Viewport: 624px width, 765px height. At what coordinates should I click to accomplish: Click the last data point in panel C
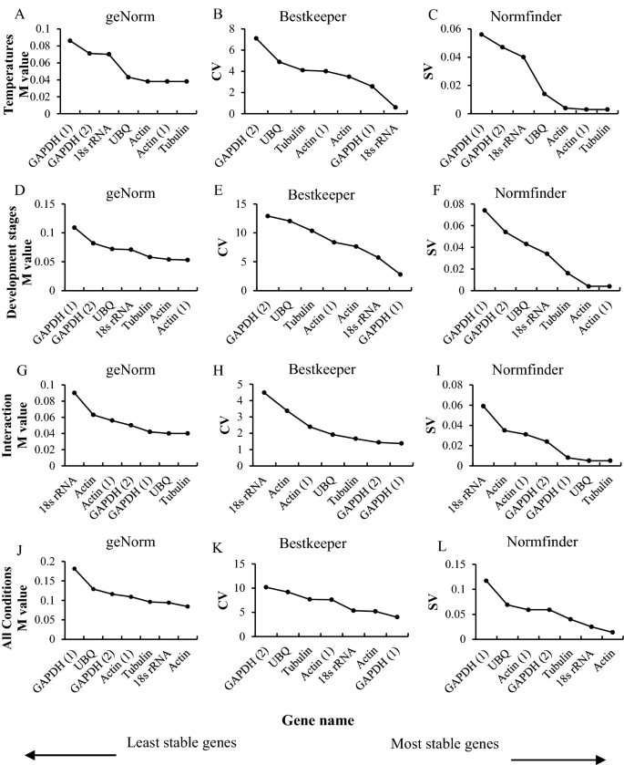608,109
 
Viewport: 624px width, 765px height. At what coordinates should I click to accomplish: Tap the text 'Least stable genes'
181,742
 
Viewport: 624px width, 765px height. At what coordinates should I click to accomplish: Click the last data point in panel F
609,285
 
